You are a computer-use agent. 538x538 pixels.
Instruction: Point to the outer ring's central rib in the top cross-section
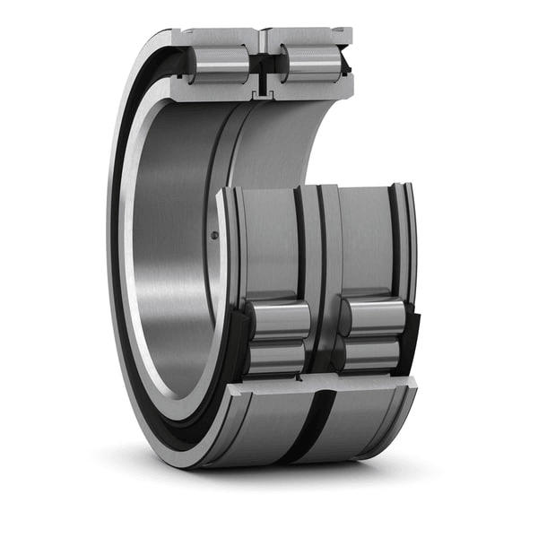click(x=263, y=40)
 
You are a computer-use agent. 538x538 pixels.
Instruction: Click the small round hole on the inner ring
click(x=213, y=235)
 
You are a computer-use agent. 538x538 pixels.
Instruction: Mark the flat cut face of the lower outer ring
click(x=323, y=383)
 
